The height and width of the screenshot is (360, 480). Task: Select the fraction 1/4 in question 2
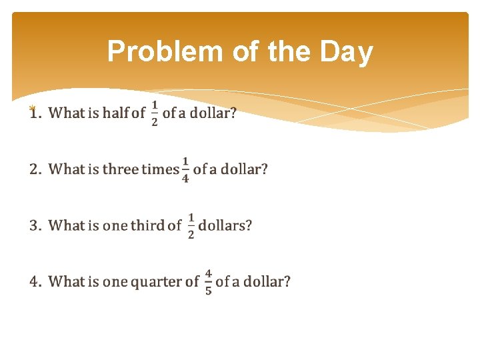point(185,170)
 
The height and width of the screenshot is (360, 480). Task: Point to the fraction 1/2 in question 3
point(191,226)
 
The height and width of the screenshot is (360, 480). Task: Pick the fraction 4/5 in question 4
point(208,282)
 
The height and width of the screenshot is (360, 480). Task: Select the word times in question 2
point(160,169)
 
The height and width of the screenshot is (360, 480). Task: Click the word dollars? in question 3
point(225,225)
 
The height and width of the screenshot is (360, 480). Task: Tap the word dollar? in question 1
point(213,113)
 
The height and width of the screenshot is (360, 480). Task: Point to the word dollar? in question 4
point(267,281)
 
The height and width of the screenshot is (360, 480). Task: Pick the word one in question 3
point(114,225)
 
